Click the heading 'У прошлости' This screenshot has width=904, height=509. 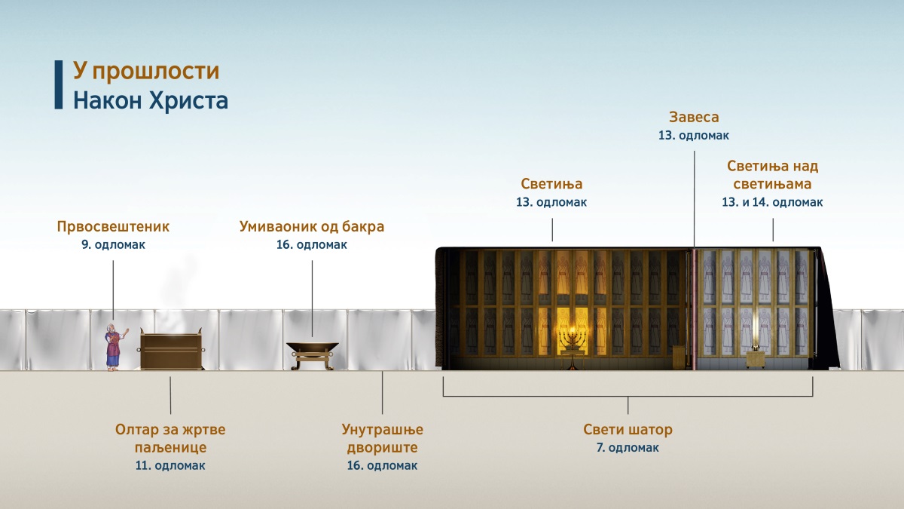tap(146, 72)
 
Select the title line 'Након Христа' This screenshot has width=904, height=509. tap(151, 100)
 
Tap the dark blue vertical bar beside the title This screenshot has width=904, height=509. tap(59, 84)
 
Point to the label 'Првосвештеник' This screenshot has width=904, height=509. tap(113, 227)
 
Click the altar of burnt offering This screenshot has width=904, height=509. tap(171, 349)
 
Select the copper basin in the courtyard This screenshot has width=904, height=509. tap(313, 355)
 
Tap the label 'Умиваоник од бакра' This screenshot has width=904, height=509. tap(312, 227)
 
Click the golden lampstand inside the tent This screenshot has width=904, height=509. tap(573, 348)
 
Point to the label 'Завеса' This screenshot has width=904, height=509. tap(694, 117)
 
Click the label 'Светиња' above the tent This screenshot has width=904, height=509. tap(551, 184)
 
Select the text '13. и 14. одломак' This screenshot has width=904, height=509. tap(772, 202)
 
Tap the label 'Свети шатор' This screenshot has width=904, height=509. tap(628, 429)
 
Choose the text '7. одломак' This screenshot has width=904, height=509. tap(628, 448)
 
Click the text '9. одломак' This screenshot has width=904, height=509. tap(114, 245)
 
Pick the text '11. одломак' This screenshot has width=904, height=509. tap(170, 466)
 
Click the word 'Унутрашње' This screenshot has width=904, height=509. tap(382, 429)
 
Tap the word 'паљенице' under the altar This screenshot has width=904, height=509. tap(170, 448)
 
